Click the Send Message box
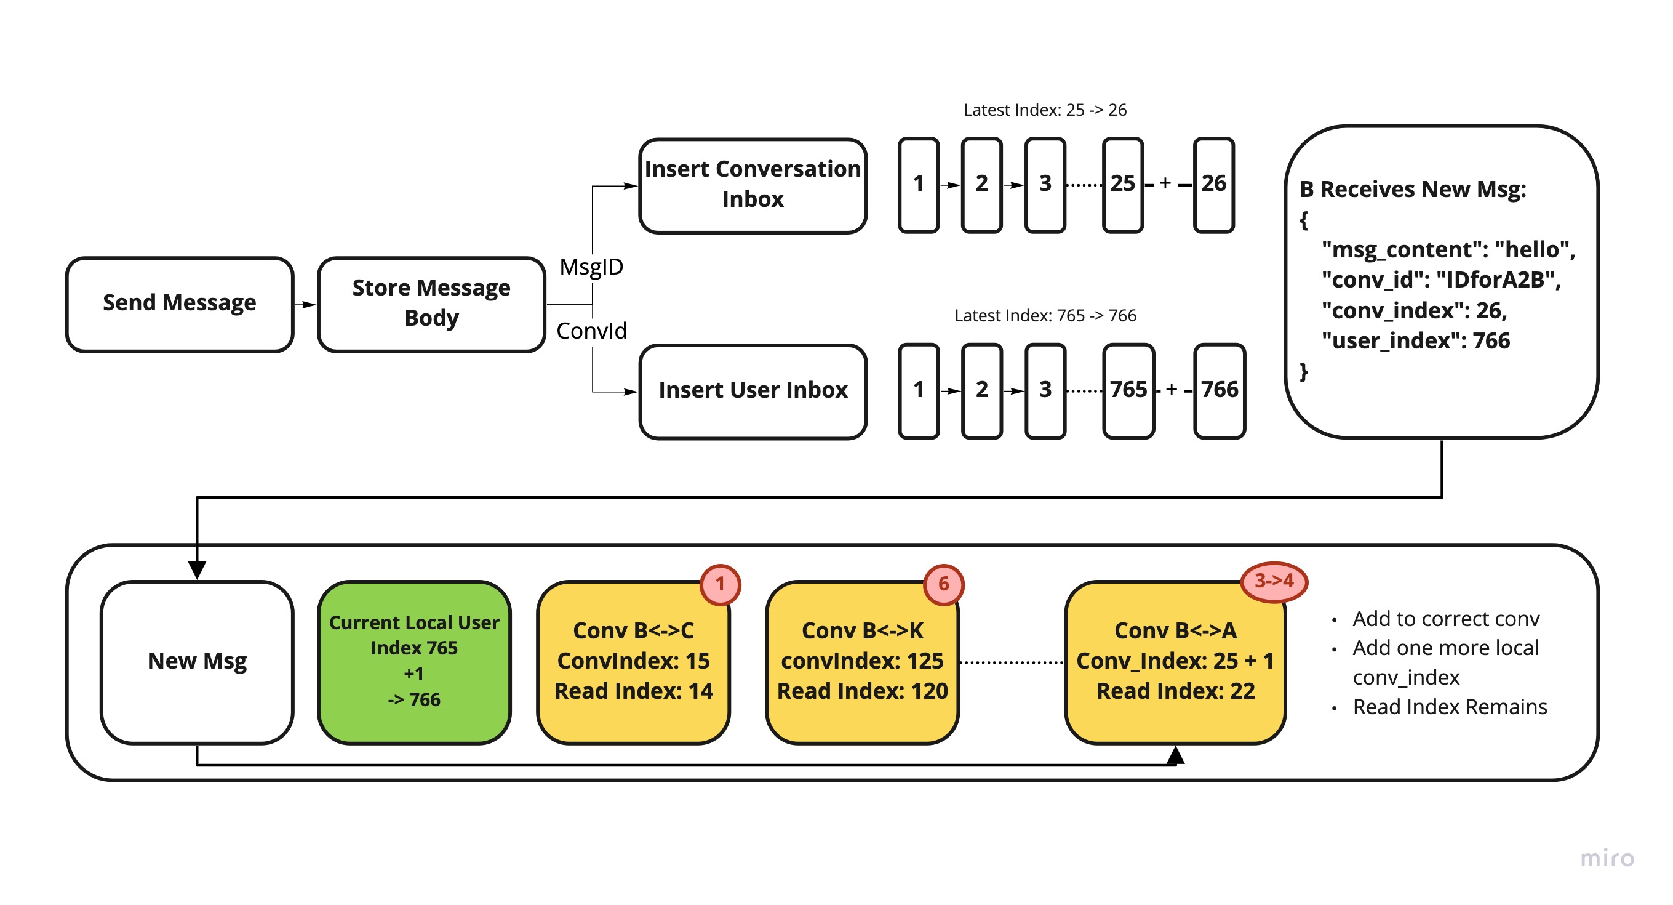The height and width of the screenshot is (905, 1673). [180, 304]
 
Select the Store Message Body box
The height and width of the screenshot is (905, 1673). [431, 304]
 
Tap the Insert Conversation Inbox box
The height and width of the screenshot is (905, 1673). [753, 185]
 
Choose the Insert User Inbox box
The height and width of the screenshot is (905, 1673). [753, 391]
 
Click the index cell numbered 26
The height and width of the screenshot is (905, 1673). [1213, 185]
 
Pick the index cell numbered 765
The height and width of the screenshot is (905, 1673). [1128, 391]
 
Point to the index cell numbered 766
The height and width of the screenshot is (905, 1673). [1219, 391]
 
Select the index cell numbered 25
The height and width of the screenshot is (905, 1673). [1122, 185]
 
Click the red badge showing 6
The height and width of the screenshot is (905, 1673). [943, 584]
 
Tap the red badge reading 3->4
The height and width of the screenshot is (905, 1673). [1274, 581]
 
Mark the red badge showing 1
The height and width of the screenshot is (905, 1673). [720, 584]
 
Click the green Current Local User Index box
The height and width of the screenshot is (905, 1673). [414, 661]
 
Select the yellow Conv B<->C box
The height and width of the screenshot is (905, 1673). [633, 661]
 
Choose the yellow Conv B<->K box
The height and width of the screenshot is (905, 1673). [863, 661]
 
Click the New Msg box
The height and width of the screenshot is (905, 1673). [197, 661]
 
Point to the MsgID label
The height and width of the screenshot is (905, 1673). [591, 267]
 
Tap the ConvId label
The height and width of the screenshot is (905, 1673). [591, 331]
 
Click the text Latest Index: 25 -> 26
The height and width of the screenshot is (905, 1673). [1044, 110]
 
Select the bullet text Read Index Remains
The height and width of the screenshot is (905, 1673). [1450, 706]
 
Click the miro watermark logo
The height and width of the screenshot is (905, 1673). [1607, 858]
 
